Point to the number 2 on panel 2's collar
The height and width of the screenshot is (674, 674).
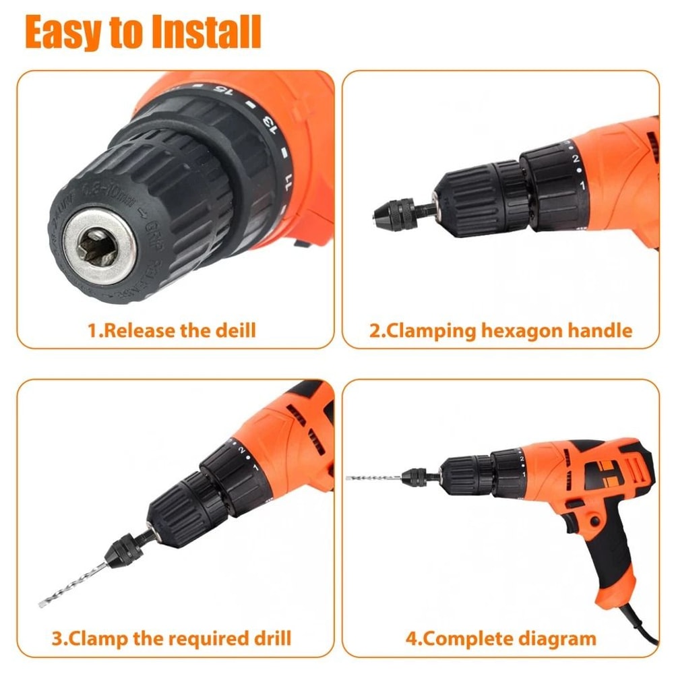click(575, 160)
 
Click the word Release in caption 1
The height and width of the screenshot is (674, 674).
click(141, 331)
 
